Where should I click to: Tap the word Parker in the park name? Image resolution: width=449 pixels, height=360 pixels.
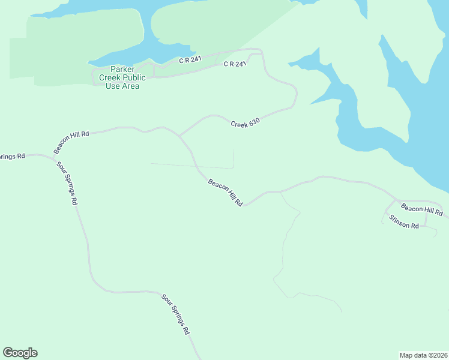click(122, 69)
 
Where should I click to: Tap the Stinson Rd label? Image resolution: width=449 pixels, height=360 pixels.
click(403, 222)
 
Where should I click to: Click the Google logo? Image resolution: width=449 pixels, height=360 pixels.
click(20, 353)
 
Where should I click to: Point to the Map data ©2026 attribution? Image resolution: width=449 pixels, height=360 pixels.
click(423, 355)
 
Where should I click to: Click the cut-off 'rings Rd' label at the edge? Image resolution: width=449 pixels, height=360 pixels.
click(12, 156)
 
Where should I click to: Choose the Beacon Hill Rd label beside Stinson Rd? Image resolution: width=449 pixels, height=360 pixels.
click(422, 210)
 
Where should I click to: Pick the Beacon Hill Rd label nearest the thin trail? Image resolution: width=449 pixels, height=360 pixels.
click(225, 193)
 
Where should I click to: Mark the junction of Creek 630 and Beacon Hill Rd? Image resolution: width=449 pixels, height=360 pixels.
click(179, 136)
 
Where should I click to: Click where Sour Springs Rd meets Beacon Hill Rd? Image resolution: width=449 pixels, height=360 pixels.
click(53, 160)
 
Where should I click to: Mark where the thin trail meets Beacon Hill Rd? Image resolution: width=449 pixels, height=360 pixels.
click(280, 192)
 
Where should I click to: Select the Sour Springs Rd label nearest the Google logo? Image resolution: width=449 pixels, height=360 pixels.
click(176, 314)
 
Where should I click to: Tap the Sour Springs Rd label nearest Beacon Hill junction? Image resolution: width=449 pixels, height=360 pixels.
click(67, 183)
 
